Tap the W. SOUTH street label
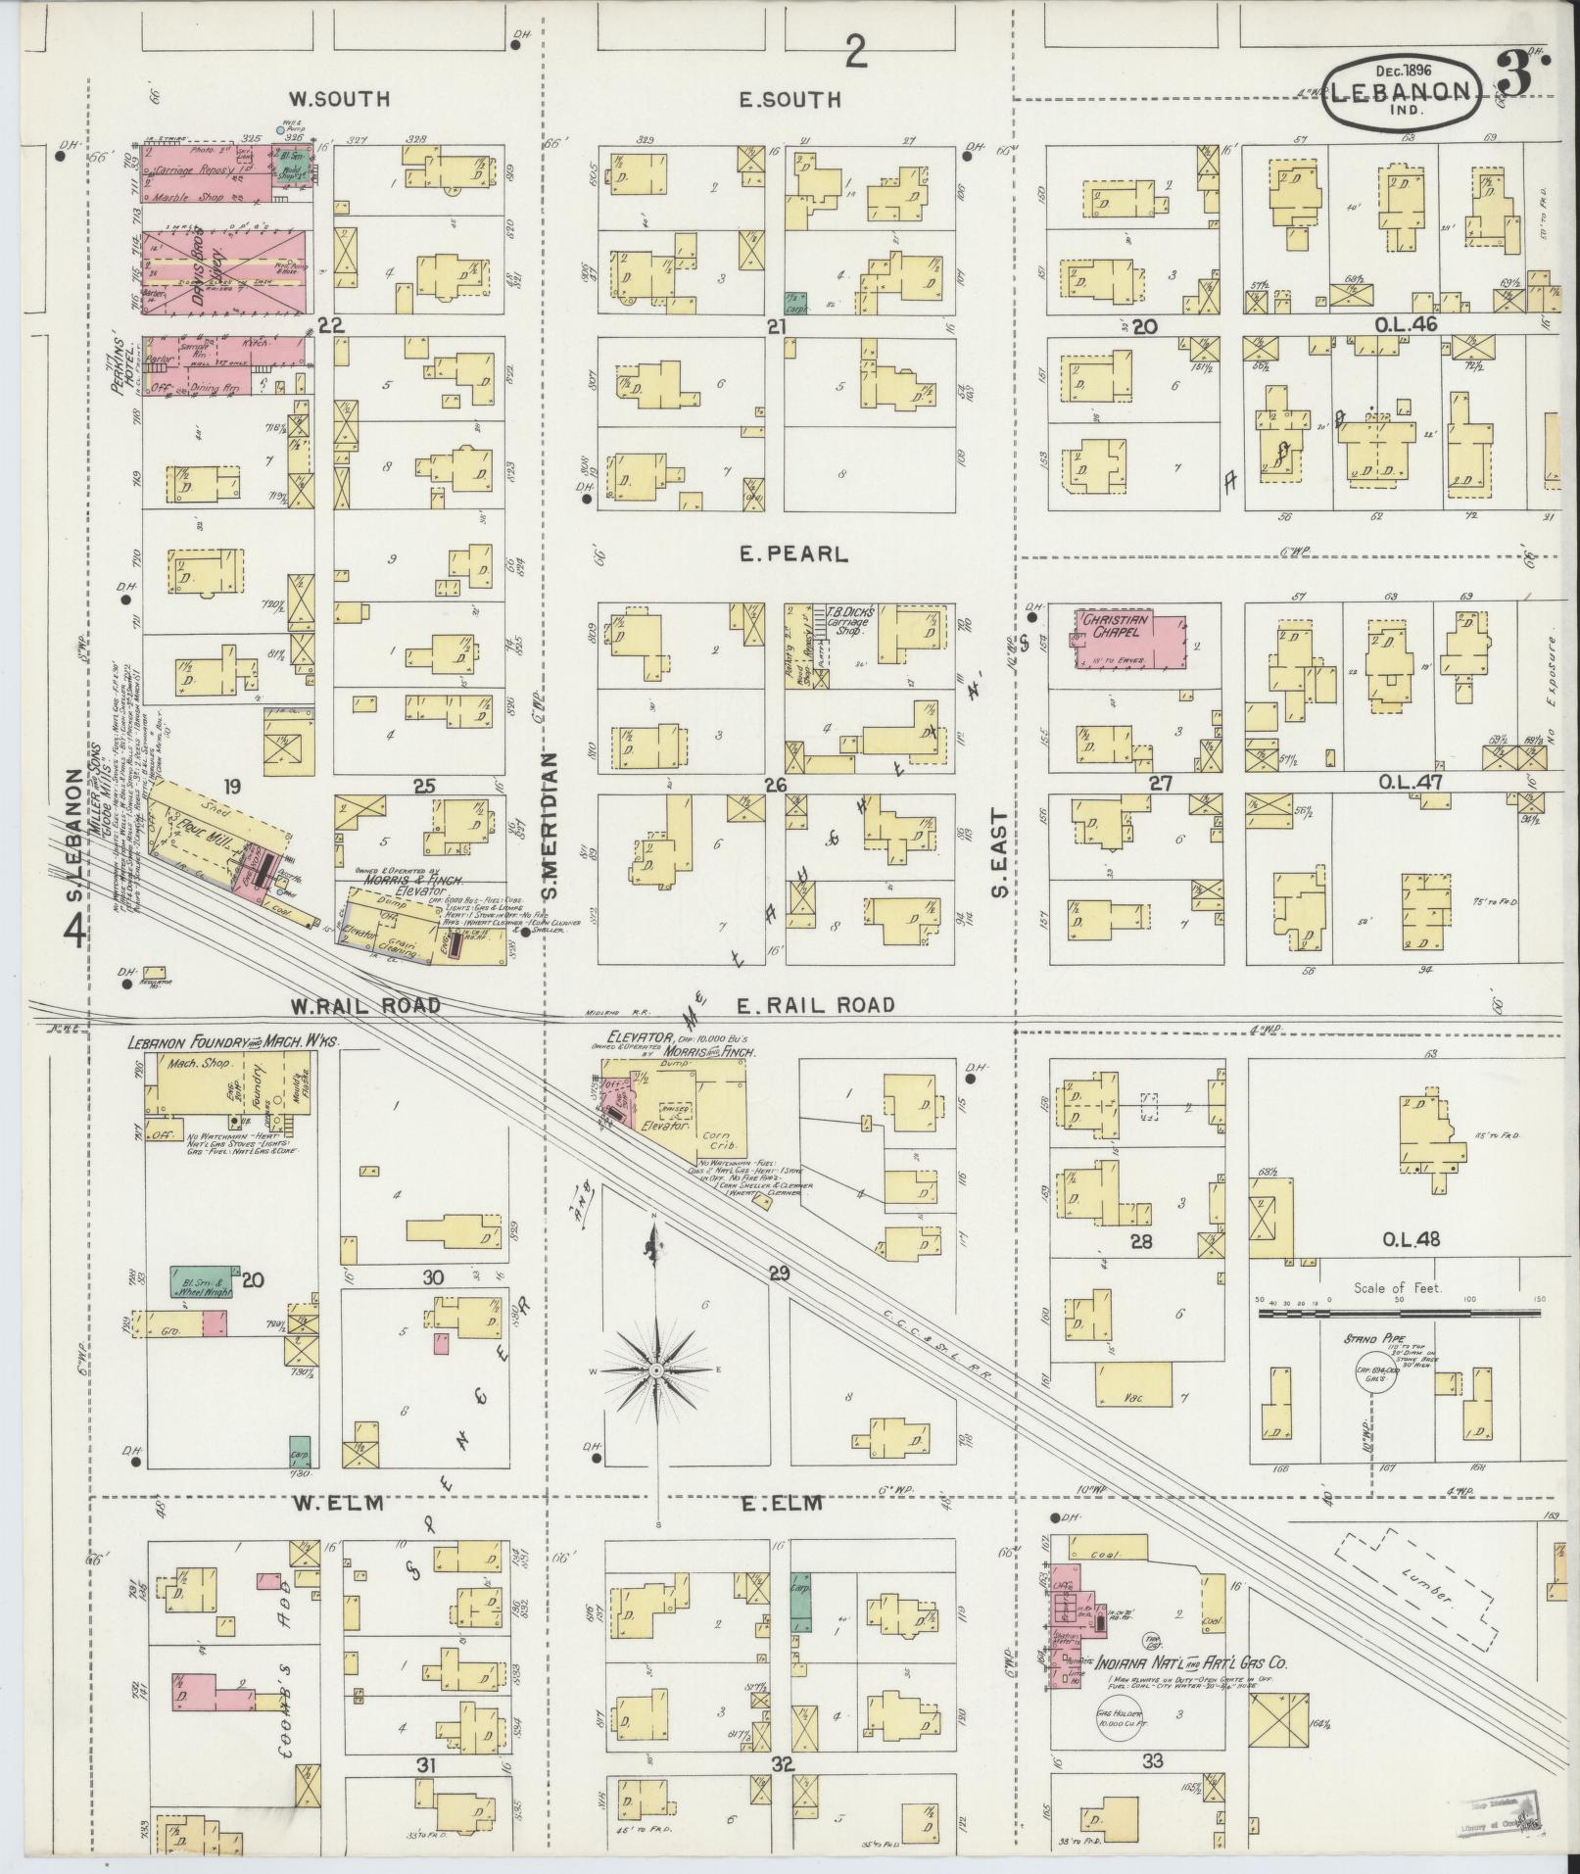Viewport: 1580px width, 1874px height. point(339,99)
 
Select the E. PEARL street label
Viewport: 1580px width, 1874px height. point(794,554)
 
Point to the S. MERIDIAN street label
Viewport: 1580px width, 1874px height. point(550,826)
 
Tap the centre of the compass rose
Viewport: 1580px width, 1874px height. point(655,1369)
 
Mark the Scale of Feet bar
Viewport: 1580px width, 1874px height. point(1398,1307)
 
